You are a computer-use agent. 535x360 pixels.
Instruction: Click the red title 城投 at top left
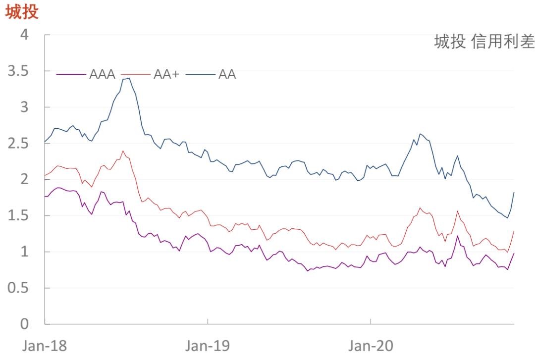[x=21, y=12]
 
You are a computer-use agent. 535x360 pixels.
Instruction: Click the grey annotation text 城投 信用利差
[x=484, y=43]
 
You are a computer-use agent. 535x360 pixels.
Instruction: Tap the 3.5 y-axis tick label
[x=17, y=71]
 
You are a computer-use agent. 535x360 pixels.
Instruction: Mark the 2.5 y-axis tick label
[x=17, y=144]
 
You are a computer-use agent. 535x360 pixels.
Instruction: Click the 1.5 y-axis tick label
[x=17, y=216]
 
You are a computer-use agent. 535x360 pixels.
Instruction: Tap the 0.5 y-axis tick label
[x=17, y=288]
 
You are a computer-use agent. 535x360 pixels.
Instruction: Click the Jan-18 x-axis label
[x=45, y=346]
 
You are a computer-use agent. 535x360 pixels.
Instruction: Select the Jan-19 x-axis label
[x=208, y=346]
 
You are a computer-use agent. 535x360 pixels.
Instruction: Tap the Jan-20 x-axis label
[x=371, y=346]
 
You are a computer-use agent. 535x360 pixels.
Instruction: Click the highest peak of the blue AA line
[x=129, y=78]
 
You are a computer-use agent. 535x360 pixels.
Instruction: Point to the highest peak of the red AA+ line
[x=123, y=151]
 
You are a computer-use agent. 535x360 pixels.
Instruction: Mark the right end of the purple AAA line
[x=514, y=253]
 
